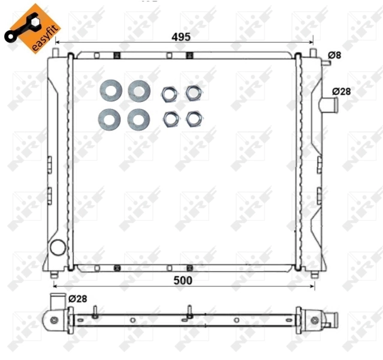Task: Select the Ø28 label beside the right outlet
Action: tap(342, 91)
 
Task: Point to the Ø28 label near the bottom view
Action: tap(79, 298)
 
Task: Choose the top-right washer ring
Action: tap(139, 91)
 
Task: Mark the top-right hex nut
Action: tap(192, 92)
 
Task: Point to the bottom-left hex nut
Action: tap(170, 119)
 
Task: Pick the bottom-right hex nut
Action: tap(192, 118)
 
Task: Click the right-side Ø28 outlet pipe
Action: tap(328, 106)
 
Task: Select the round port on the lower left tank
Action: tap(58, 247)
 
